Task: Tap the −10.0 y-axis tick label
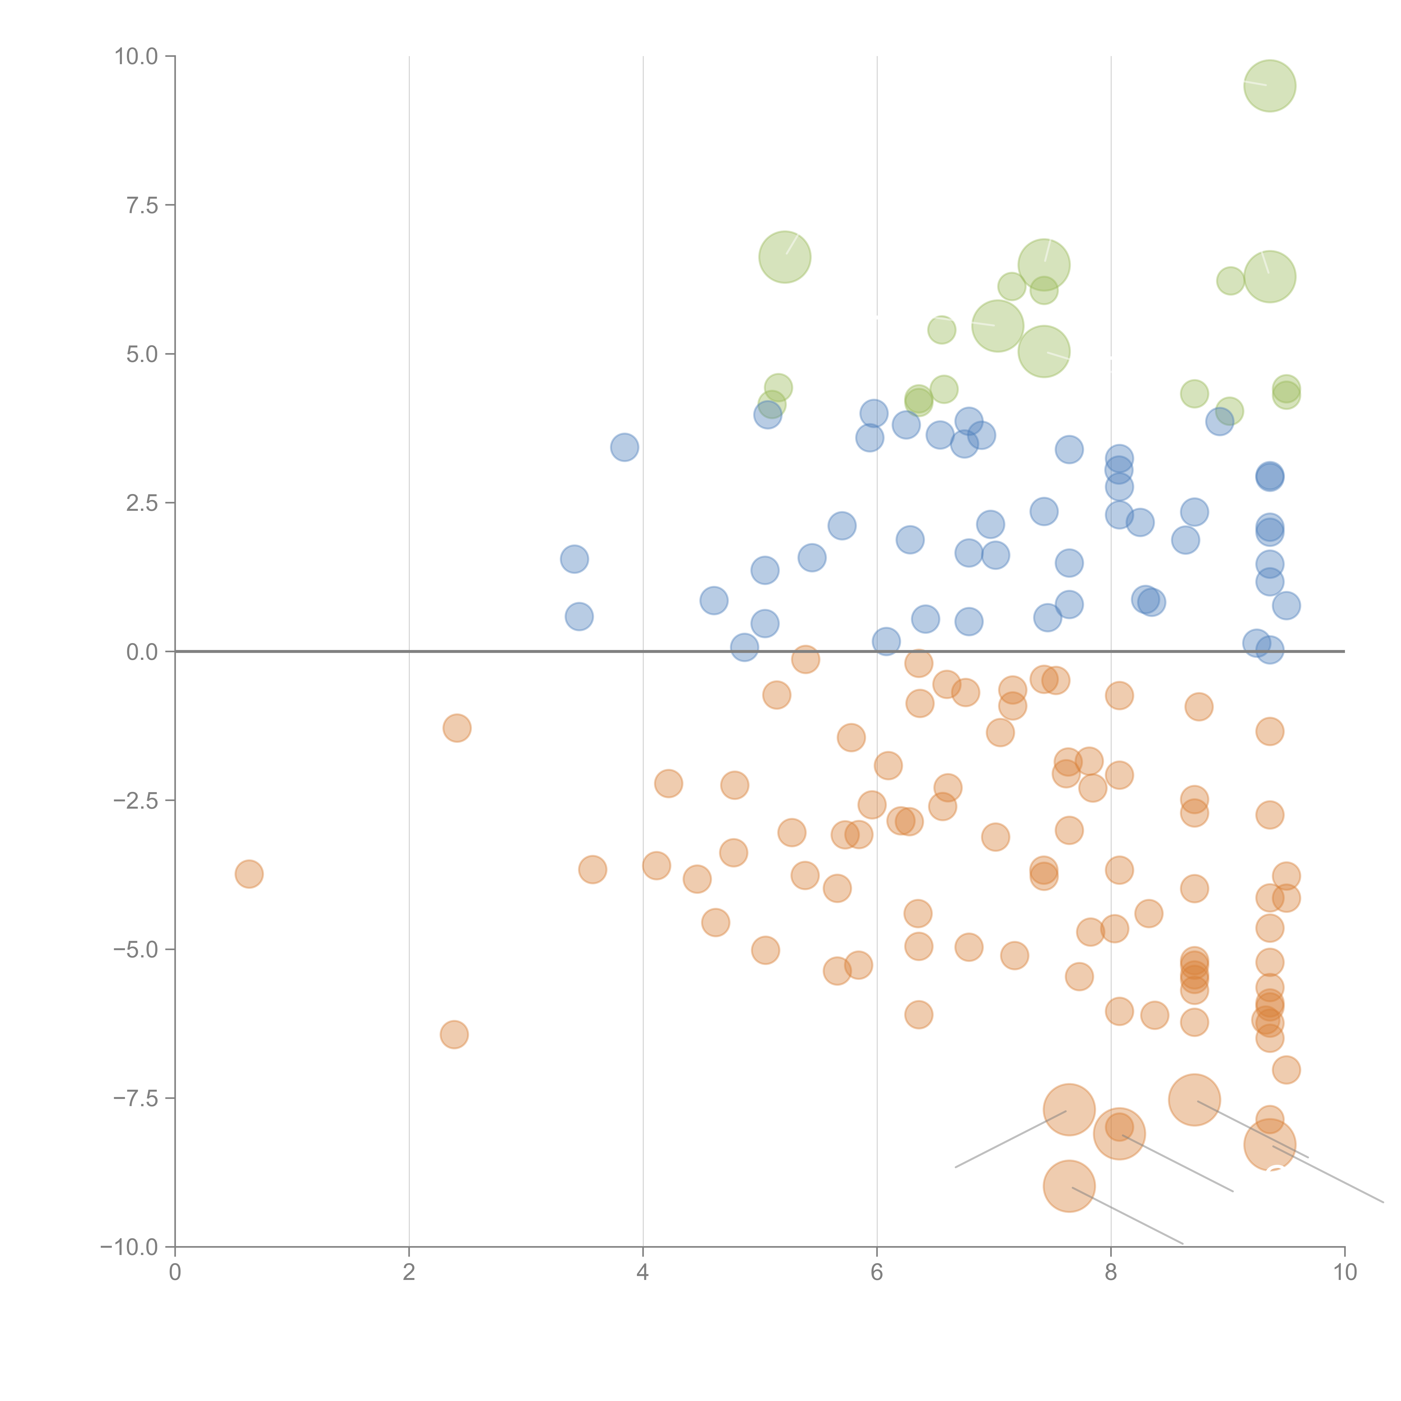[129, 1247]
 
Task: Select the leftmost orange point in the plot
[249, 874]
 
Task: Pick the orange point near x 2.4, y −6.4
[454, 1034]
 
